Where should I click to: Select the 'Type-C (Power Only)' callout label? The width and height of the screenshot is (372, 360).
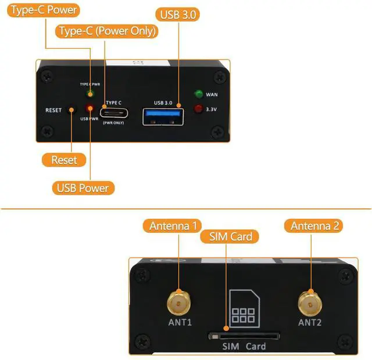tap(106, 31)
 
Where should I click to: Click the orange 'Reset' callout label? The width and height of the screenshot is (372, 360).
tap(64, 160)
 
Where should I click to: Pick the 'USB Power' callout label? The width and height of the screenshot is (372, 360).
tap(83, 188)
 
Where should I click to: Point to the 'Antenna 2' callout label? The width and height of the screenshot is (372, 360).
tap(315, 226)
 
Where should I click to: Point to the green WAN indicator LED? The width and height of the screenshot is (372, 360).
tap(199, 94)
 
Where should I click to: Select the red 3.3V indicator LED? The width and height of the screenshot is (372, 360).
tap(199, 108)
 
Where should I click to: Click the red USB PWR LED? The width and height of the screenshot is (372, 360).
tap(90, 109)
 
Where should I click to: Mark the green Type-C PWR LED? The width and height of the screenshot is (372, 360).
tap(90, 93)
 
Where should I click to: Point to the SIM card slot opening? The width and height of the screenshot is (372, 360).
tap(244, 336)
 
